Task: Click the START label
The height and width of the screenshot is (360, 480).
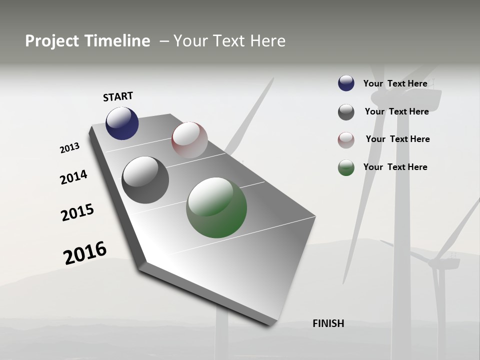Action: click(118, 96)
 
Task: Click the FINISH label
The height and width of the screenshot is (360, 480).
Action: click(328, 323)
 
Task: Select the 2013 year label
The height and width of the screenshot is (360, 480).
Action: click(69, 148)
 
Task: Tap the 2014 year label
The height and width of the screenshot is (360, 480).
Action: click(73, 177)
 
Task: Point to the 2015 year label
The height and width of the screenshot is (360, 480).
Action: click(77, 212)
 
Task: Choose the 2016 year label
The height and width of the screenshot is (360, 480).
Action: click(85, 253)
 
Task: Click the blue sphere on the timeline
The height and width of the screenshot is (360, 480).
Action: click(122, 123)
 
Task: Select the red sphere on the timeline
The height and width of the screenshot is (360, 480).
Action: click(189, 139)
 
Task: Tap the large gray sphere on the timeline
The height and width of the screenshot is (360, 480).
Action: click(145, 180)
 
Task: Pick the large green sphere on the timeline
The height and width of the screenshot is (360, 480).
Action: click(216, 207)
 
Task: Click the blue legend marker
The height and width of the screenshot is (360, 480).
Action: click(346, 83)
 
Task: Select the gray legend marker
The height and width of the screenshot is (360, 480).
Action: click(346, 112)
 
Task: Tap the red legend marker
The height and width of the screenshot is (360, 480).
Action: click(346, 140)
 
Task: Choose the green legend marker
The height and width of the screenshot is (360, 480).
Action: click(346, 167)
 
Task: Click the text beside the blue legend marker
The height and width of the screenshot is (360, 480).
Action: click(395, 83)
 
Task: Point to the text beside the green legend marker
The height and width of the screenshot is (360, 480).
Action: click(395, 167)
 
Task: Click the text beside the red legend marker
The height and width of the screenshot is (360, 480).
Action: click(397, 139)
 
